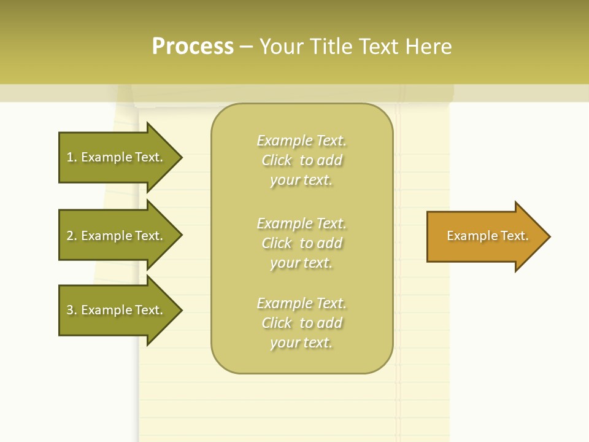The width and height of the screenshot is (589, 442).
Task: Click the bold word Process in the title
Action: [x=193, y=47]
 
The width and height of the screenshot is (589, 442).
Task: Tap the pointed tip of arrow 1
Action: [x=180, y=157]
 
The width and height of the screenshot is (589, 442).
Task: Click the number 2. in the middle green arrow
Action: [x=72, y=236]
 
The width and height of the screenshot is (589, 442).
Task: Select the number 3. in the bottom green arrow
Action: [x=72, y=310]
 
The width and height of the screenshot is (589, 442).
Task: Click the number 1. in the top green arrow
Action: [x=72, y=157]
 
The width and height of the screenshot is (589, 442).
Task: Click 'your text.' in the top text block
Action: [x=301, y=180]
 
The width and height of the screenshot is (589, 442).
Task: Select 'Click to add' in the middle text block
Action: [x=301, y=243]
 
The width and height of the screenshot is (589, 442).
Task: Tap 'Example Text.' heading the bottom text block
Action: [x=301, y=303]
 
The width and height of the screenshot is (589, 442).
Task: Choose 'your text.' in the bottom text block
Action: [x=301, y=343]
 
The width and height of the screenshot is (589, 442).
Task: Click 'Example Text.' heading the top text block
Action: [x=301, y=141]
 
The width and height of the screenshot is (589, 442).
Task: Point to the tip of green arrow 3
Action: [x=180, y=310]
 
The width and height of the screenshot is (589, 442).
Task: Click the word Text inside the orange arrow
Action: [x=514, y=236]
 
